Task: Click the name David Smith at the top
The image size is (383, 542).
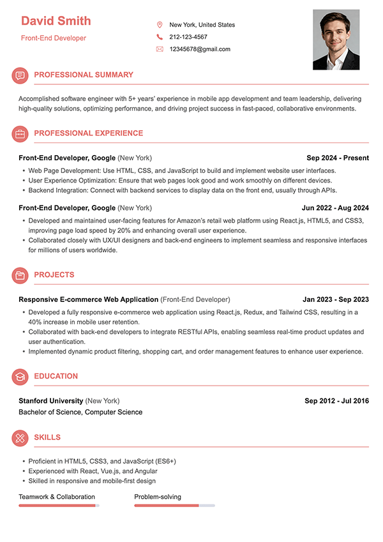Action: click(56, 21)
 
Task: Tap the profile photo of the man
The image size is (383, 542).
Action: click(336, 40)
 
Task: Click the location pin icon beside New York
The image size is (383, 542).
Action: click(160, 25)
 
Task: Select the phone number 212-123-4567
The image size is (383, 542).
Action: click(188, 37)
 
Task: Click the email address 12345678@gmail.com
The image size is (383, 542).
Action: click(200, 49)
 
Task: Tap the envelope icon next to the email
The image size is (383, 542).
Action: click(160, 49)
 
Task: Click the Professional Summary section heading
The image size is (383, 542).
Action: click(84, 75)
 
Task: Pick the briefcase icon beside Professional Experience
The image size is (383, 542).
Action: click(20, 134)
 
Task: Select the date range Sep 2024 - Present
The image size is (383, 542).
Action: click(338, 158)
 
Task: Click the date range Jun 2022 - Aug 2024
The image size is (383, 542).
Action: click(335, 208)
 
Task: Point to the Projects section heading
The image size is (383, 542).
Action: click(54, 275)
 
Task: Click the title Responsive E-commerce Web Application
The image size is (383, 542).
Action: click(89, 299)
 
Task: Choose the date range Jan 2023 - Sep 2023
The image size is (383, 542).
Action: click(336, 299)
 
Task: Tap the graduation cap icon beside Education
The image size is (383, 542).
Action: click(20, 377)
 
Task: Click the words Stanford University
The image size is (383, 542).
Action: click(51, 401)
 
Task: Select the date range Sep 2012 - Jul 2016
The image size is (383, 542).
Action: click(336, 401)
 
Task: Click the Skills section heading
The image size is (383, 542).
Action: click(47, 437)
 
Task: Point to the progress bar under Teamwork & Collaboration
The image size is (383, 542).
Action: click(59, 506)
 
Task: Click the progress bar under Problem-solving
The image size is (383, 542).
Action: click(174, 506)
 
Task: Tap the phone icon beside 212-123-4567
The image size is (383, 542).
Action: click(160, 37)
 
